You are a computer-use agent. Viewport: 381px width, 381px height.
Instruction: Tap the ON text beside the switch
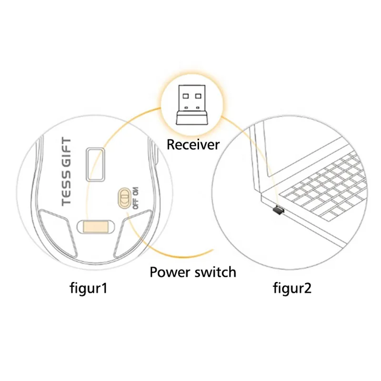(x=136, y=191)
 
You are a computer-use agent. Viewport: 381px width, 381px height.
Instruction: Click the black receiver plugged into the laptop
(x=276, y=209)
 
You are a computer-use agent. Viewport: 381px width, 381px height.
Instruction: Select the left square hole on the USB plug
(x=185, y=96)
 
